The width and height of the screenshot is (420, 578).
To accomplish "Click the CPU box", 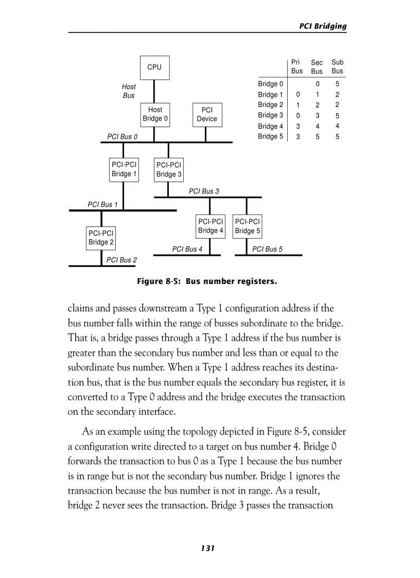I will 154,67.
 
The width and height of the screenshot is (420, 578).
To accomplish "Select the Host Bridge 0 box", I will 155,114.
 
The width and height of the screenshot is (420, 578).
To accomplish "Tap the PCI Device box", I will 207,114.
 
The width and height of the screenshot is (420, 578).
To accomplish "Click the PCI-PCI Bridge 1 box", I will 124,169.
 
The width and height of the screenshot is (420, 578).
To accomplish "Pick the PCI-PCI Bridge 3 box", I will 169,170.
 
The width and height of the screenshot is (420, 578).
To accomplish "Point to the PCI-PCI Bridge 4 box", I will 211,226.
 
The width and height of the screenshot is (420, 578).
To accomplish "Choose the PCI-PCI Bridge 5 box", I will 248,226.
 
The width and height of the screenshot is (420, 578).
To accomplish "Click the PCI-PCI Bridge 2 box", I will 101,238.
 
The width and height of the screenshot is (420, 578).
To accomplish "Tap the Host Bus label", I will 129,91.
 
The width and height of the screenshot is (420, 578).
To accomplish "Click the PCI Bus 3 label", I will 204,191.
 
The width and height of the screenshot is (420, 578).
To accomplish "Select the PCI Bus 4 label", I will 187,249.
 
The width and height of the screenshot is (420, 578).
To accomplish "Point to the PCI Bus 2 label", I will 121,260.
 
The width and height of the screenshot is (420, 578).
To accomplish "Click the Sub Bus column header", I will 337,66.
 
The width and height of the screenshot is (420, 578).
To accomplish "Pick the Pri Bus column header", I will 297,66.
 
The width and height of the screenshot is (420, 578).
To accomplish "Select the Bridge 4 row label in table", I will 270,126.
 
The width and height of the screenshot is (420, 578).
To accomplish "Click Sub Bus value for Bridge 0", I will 337,84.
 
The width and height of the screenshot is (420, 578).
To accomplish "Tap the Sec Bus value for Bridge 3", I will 318,115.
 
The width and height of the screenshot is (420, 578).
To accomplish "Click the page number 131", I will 207,548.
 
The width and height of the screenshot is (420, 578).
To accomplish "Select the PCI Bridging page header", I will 323,26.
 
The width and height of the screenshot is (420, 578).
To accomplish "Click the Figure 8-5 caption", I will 207,282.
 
